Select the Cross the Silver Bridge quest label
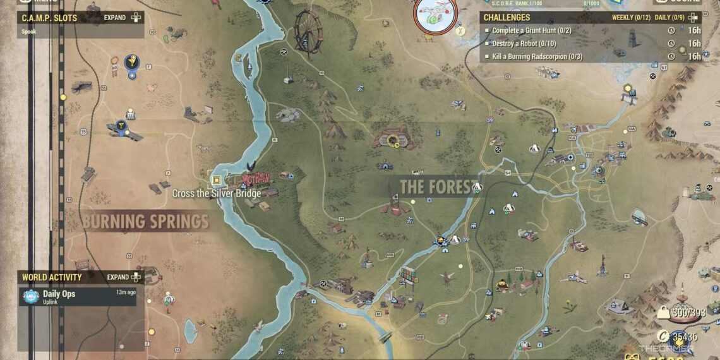pos(217,194)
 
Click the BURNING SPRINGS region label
pos(145,222)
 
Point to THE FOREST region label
pos(436,187)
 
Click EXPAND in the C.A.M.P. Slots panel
pos(116,18)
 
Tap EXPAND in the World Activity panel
pos(118,277)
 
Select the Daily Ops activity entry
pos(59,294)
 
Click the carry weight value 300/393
pos(688,311)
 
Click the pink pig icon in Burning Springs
pos(152,88)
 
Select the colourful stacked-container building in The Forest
pos(408,275)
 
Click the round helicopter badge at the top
pos(436,14)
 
